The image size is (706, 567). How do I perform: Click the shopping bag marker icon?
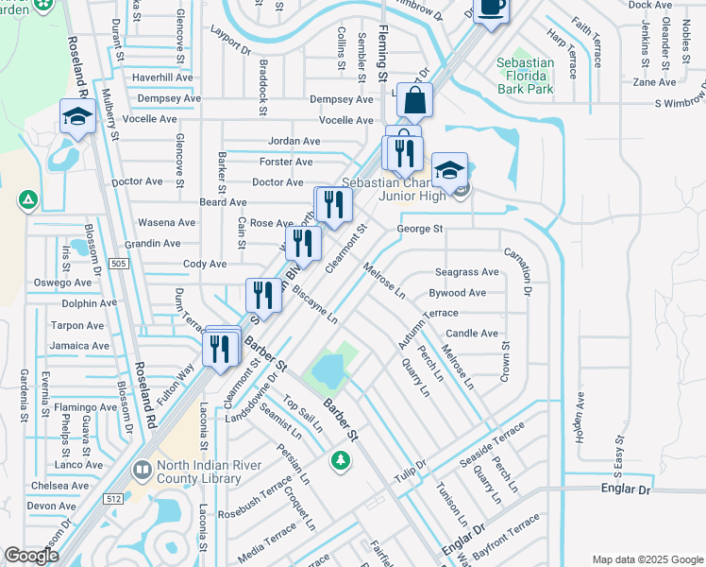pyautogui.click(x=414, y=98)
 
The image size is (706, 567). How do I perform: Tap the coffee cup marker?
pyautogui.click(x=490, y=8)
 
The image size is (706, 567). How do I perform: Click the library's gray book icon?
pyautogui.click(x=142, y=469)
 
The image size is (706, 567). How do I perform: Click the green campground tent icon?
pyautogui.click(x=28, y=199)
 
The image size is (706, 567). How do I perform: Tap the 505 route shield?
pyautogui.click(x=118, y=263)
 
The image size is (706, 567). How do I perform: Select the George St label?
pyautogui.click(x=420, y=229)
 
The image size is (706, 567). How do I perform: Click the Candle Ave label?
pyautogui.click(x=472, y=334)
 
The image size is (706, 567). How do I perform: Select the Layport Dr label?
pyautogui.click(x=231, y=46)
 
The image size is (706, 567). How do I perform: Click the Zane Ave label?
pyautogui.click(x=654, y=82)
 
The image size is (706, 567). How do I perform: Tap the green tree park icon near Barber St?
pyautogui.click(x=339, y=460)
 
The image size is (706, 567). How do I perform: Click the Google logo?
pyautogui.click(x=31, y=556)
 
